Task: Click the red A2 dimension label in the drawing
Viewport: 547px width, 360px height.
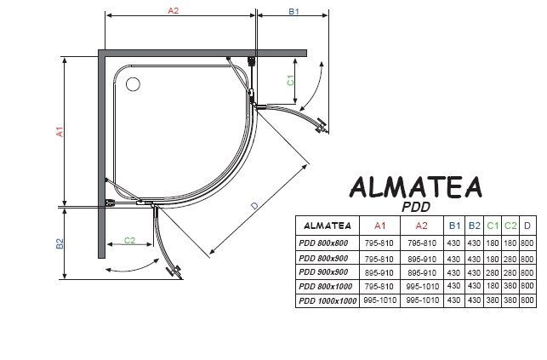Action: (173, 10)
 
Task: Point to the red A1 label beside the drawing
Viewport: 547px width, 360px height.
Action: (60, 133)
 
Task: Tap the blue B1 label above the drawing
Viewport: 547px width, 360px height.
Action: (293, 12)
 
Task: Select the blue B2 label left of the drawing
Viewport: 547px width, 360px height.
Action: (60, 243)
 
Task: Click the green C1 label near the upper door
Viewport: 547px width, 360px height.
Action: (291, 80)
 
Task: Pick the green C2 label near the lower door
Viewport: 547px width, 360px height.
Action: (129, 241)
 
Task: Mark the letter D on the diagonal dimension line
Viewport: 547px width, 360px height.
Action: (256, 205)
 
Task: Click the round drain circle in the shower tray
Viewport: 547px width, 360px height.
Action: (134, 83)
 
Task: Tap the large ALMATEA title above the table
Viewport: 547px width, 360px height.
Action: (417, 187)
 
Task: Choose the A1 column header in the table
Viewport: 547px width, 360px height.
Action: (380, 226)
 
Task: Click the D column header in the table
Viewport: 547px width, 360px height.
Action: (527, 226)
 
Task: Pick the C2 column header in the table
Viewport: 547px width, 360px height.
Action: (510, 226)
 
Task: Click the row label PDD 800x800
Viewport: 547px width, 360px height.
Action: (324, 244)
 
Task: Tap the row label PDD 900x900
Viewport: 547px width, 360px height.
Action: (324, 272)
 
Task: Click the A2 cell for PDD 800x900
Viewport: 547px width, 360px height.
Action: (422, 259)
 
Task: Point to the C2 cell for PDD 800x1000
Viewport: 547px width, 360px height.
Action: (510, 286)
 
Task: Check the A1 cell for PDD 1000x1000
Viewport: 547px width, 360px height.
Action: (380, 300)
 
